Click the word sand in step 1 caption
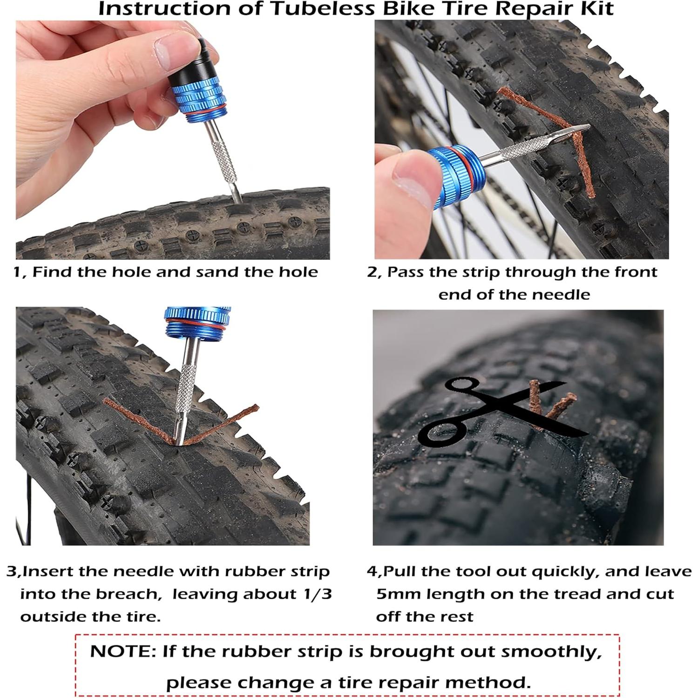pos(220,272)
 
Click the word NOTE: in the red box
pos(122,651)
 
